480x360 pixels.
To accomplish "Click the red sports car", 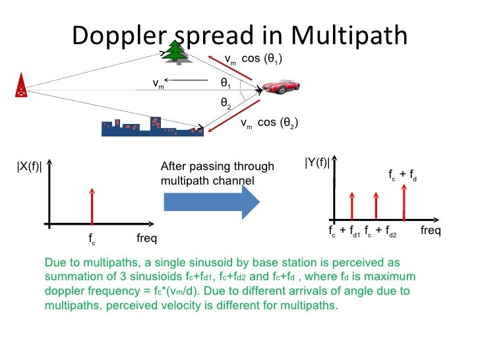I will pyautogui.click(x=282, y=88).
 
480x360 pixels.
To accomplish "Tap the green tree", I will pyautogui.click(x=176, y=52).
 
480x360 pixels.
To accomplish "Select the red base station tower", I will pyautogui.click(x=21, y=86).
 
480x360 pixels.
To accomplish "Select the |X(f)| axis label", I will pyautogui.click(x=30, y=166).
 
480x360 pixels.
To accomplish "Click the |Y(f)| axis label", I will pyautogui.click(x=317, y=162).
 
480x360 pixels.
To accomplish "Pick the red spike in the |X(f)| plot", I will pyautogui.click(x=92, y=205).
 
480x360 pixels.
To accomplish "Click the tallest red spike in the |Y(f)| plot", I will pyautogui.click(x=404, y=202).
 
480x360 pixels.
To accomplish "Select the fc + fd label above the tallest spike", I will pyautogui.click(x=402, y=177).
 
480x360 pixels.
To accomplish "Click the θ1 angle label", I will pyautogui.click(x=225, y=84).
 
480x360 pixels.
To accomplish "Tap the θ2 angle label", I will pyautogui.click(x=225, y=104).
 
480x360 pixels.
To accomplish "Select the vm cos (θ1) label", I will pyautogui.click(x=254, y=59).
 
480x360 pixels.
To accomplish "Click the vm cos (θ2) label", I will pyautogui.click(x=269, y=123).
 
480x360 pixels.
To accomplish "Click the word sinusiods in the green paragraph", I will pyautogui.click(x=158, y=276).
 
